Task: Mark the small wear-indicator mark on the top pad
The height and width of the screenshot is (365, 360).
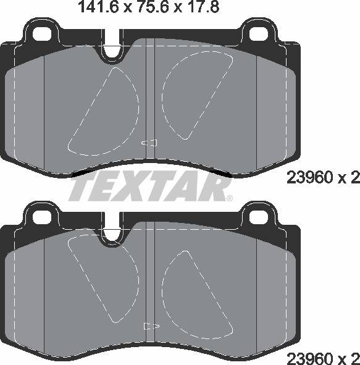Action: coord(149,143)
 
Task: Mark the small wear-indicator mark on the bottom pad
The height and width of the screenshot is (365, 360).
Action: coord(149,325)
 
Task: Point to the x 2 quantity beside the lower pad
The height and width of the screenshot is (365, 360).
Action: coord(347,357)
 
